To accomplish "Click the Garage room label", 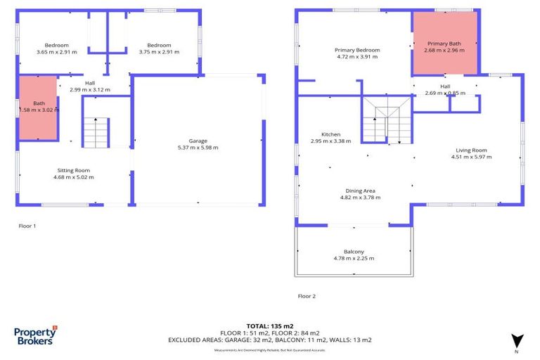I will coord(198,141).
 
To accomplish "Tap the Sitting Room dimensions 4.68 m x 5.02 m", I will coord(73,177).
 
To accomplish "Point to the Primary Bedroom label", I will coord(357,50).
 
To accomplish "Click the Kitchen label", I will coord(330,134).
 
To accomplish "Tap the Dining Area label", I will coord(359,191).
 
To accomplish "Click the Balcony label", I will coord(354,252).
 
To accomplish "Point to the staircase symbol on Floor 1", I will coord(96,132).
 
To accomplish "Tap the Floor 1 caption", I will coord(27,226).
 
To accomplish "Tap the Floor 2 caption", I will coord(307,296).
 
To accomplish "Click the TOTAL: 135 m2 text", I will coord(270,326).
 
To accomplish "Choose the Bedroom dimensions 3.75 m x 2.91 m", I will coord(159,52).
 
